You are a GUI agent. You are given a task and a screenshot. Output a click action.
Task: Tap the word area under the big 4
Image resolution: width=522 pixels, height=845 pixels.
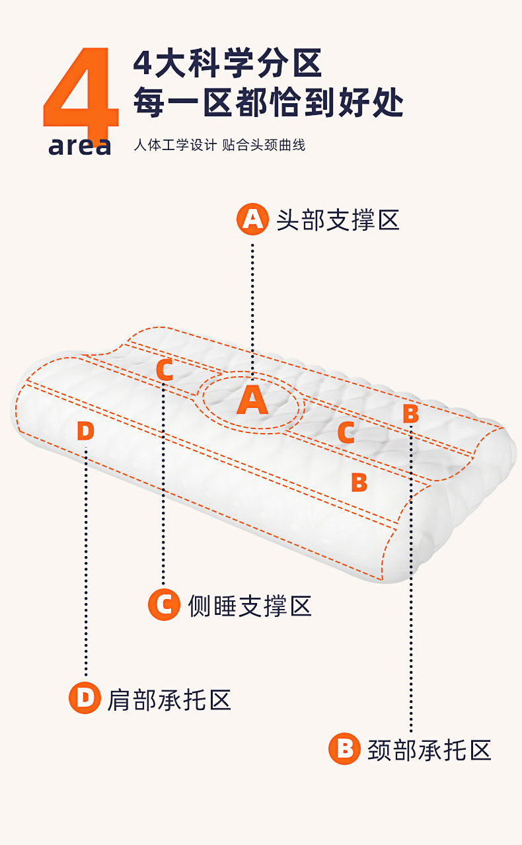coord(80,145)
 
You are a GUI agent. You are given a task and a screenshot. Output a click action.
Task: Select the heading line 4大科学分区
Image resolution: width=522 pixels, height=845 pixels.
coord(227,64)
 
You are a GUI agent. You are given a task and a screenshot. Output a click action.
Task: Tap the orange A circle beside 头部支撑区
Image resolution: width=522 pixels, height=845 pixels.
coord(252,219)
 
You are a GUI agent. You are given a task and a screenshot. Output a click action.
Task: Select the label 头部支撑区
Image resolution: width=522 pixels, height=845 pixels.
coord(338,220)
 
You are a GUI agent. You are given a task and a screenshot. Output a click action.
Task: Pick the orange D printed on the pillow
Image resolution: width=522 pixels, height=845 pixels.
coord(85,431)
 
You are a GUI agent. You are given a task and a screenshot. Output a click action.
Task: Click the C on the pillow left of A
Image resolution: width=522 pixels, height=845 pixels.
coord(165,370)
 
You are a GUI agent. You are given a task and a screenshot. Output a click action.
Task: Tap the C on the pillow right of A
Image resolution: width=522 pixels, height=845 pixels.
coord(346,433)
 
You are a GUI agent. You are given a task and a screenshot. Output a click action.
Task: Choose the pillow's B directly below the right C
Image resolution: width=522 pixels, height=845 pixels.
coord(359,482)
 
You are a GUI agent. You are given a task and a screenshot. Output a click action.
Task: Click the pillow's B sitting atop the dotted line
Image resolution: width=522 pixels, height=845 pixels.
coord(410,414)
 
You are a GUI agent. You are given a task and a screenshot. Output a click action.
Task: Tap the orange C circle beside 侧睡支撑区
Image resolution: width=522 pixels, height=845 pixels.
coord(164,604)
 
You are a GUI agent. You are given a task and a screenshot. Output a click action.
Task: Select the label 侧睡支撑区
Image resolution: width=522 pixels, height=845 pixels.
coord(250,605)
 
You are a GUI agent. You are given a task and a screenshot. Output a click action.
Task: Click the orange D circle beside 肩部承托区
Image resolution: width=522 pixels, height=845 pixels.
coord(85,698)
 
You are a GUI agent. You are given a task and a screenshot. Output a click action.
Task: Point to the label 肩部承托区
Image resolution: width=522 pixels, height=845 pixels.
coord(169,699)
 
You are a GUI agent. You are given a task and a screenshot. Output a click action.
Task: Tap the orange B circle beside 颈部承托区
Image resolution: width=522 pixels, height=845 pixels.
coord(344,749)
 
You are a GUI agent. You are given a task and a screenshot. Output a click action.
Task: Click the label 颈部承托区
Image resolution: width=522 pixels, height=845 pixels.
coord(429,750)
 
